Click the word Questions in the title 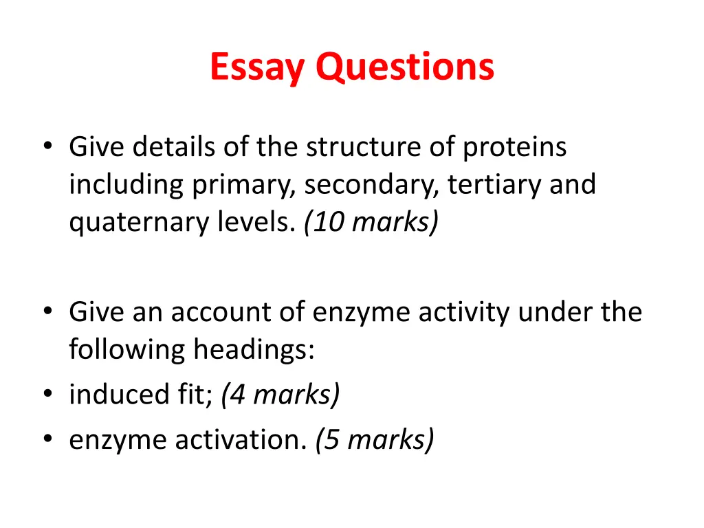(x=405, y=68)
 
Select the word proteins (x=515, y=147)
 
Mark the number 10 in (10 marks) (x=324, y=223)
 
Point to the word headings (x=253, y=351)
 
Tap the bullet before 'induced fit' (x=47, y=395)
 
